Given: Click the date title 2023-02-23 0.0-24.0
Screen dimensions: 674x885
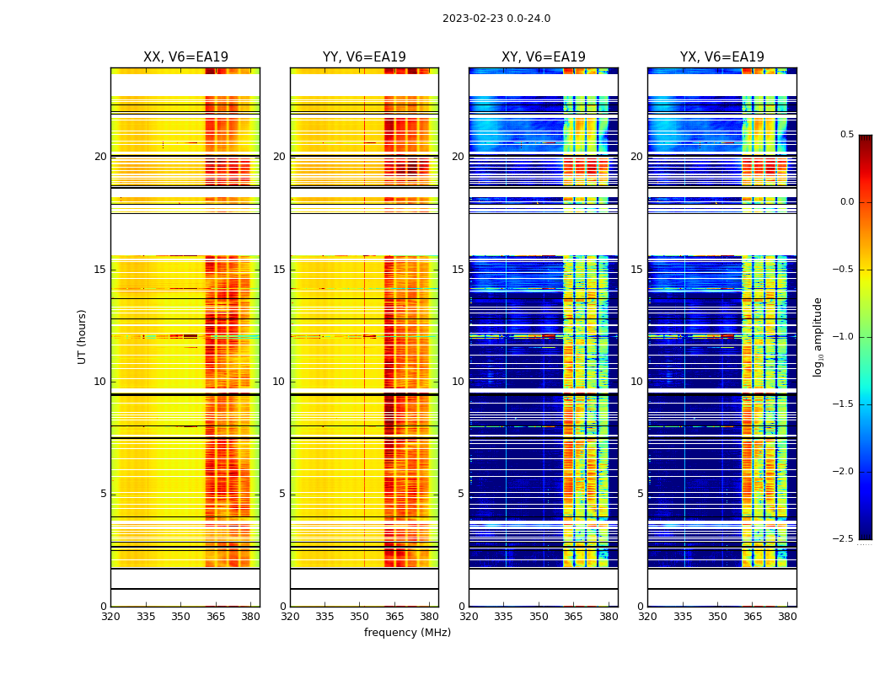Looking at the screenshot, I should click(496, 19).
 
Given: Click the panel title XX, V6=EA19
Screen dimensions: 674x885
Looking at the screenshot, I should click(185, 57).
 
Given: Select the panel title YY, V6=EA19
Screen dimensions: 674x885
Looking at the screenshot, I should click(364, 57).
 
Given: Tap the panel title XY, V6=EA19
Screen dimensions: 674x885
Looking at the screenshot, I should click(544, 57).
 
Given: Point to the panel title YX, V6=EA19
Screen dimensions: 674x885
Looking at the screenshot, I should click(722, 57).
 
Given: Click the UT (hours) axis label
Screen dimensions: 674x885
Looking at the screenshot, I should click(82, 336).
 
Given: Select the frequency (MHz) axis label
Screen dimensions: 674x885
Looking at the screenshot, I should click(407, 633).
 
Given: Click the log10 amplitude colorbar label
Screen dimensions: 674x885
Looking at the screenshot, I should click(818, 336).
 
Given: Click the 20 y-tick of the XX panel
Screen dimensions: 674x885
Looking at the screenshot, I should click(100, 157).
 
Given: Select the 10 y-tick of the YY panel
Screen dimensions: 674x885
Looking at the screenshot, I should click(279, 382).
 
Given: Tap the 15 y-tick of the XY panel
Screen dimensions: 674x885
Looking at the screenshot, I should click(458, 270).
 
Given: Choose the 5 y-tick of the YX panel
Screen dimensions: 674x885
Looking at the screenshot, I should click(640, 494).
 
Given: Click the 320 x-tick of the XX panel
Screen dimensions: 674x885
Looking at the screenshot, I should click(110, 617).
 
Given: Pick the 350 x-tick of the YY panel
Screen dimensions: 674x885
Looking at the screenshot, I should click(360, 617).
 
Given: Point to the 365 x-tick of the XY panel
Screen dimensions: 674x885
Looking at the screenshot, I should click(573, 617).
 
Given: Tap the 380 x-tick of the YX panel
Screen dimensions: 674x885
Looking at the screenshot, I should click(787, 617).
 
